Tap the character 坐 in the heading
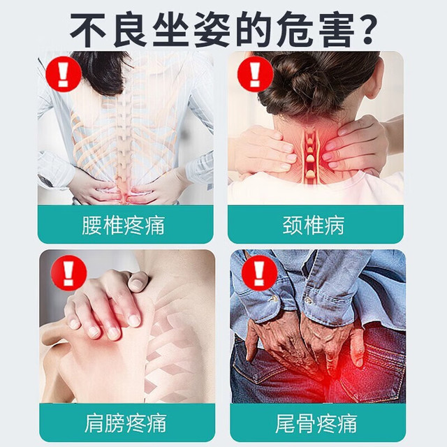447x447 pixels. [x=170, y=29]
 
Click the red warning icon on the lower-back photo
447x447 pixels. [x=64, y=74]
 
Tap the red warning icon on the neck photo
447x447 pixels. [x=255, y=74]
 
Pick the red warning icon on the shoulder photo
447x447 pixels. [x=68, y=273]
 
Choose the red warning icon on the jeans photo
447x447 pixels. [x=259, y=273]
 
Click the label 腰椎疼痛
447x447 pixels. [x=124, y=226]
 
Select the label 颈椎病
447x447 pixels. [x=314, y=226]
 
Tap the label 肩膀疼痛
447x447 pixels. [x=126, y=424]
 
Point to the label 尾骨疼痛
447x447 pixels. [x=316, y=424]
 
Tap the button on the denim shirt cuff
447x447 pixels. [x=273, y=298]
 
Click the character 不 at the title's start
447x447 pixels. [x=89, y=29]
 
